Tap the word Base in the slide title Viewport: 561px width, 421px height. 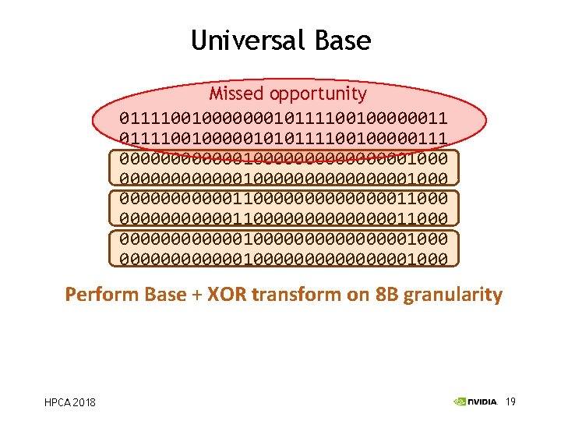pyautogui.click(x=344, y=40)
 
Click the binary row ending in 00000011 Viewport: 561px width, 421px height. pyautogui.click(x=283, y=119)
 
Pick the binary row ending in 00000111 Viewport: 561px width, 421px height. pyautogui.click(x=283, y=138)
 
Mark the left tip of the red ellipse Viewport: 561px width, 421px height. pyautogui.click(x=93, y=122)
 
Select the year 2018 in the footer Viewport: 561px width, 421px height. pyautogui.click(x=85, y=402)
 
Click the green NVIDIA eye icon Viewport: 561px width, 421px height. pyautogui.click(x=460, y=402)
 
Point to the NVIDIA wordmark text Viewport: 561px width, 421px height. pyautogui.click(x=483, y=402)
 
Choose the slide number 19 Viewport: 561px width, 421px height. pyautogui.click(x=511, y=402)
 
